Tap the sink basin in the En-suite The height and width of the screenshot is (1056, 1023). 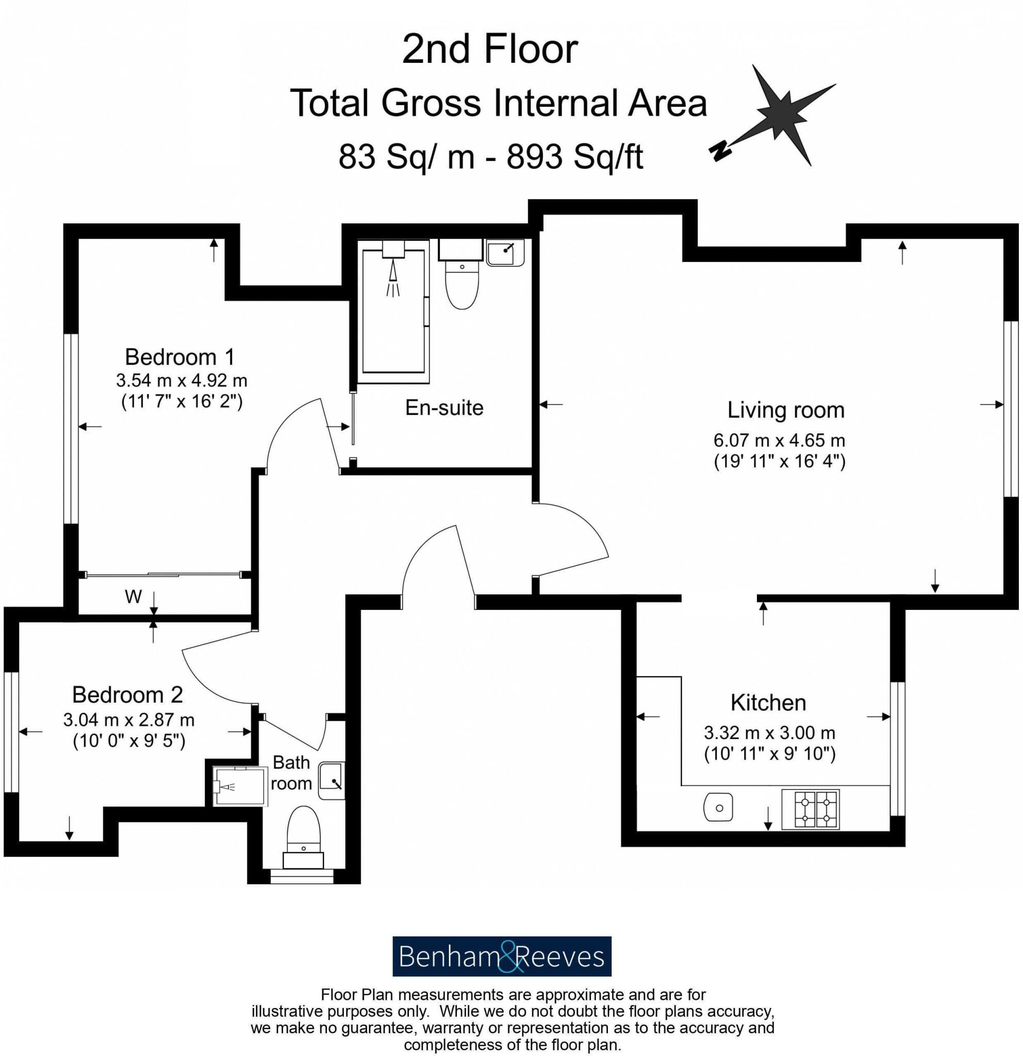click(505, 253)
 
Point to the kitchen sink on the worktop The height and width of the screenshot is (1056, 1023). click(718, 807)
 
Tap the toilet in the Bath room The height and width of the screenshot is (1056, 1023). click(304, 833)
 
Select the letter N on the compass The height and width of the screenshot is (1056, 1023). click(720, 152)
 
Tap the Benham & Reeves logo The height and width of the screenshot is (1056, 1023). click(502, 957)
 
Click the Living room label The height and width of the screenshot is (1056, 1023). click(785, 410)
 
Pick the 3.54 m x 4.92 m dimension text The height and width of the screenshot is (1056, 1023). click(181, 381)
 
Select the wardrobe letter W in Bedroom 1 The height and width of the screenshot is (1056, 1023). click(133, 597)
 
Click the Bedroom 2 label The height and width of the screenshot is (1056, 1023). click(128, 695)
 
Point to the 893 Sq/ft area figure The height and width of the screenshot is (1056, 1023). click(574, 157)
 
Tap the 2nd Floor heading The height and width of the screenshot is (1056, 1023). click(490, 49)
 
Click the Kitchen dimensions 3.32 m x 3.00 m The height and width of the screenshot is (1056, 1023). click(769, 733)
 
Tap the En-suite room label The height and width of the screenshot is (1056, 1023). click(444, 408)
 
